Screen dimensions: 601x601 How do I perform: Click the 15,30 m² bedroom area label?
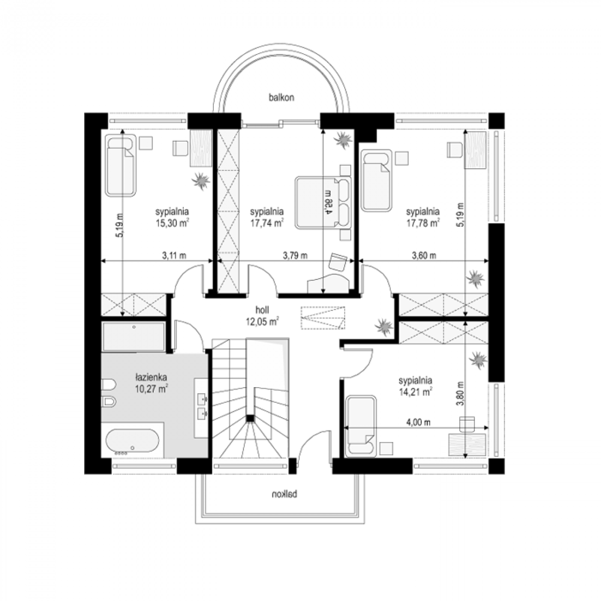pos(172,223)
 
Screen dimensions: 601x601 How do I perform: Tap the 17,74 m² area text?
pos(266,223)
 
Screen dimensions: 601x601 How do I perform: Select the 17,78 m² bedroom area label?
pos(423,223)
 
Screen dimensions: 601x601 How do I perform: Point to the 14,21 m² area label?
pos(415,392)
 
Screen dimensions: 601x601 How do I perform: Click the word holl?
pos(262,310)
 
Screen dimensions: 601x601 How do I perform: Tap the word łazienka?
pos(151,378)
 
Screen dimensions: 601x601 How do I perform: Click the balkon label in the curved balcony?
pos(281,98)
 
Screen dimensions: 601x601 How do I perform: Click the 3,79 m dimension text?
pos(295,256)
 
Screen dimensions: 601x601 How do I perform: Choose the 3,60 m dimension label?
pos(424,256)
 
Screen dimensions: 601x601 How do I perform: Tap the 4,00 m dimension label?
pos(418,423)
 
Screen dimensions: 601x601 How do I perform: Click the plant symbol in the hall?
pos(383,327)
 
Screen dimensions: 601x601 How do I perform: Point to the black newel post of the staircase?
pos(250,418)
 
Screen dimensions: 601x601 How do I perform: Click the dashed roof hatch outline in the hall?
pos(324,318)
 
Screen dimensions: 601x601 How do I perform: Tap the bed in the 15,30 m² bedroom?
pos(120,165)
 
